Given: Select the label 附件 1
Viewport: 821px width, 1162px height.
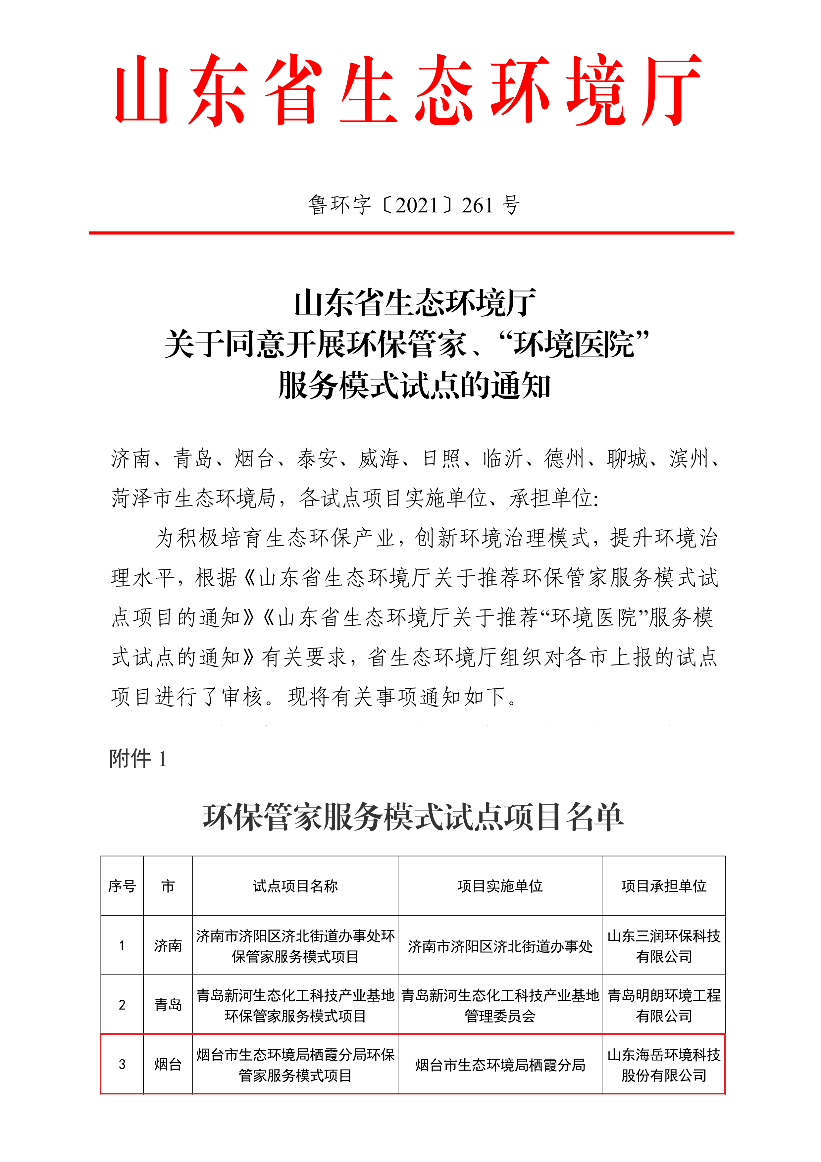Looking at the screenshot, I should (137, 759).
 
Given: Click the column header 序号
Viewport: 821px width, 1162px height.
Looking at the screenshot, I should (122, 886).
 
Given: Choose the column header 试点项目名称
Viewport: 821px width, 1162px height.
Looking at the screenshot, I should (295, 886).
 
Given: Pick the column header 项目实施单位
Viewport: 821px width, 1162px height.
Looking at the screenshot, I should (500, 886).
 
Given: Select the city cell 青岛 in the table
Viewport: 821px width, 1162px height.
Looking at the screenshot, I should (168, 1005).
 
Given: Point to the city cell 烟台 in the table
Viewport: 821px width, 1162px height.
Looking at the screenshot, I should (168, 1064).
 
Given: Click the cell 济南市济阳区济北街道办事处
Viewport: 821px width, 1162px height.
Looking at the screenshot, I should (500, 946).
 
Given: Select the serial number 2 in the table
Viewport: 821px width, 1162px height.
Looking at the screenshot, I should (122, 1005).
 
